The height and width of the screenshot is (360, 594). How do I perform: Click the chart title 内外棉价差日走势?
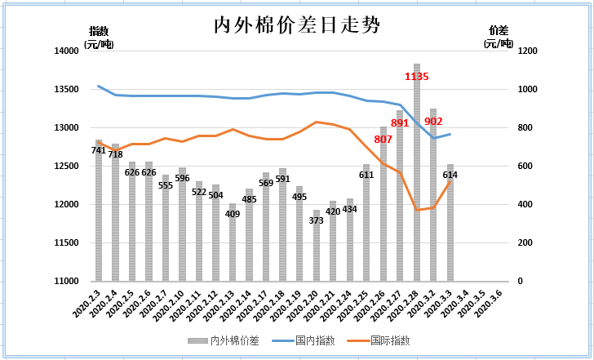pos(296,25)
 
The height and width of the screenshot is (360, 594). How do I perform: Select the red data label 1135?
pos(417,77)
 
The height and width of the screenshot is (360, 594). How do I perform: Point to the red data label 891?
pos(400,123)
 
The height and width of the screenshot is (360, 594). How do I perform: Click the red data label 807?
pos(383,140)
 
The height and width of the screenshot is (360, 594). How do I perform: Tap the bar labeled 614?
pos(450,229)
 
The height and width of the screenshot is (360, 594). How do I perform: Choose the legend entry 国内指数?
pos(305,340)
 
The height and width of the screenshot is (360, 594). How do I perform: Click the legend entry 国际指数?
pos(383,340)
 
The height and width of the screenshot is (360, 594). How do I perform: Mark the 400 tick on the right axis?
pos(525,205)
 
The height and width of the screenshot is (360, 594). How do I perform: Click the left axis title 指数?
pos(98,31)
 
